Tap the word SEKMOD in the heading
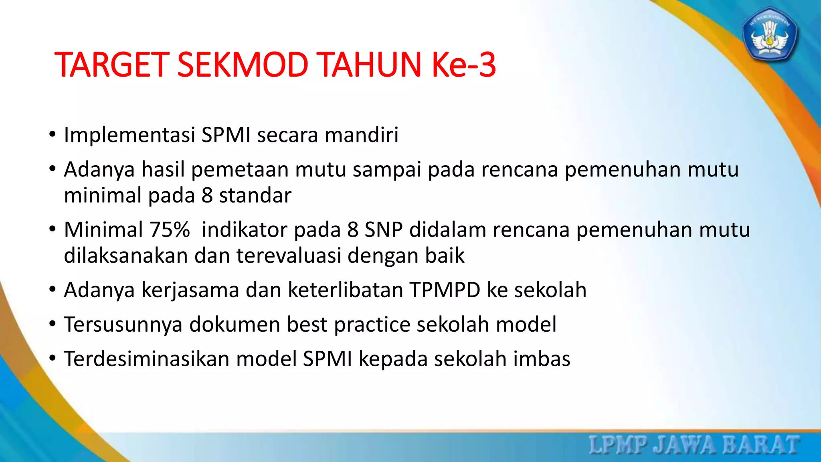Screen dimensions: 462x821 tap(242, 65)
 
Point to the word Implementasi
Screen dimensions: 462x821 tap(129, 135)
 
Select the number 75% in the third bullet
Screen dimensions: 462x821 tap(170, 230)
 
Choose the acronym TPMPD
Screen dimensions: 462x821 tap(445, 290)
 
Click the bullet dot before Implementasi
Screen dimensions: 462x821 tap(52, 135)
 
